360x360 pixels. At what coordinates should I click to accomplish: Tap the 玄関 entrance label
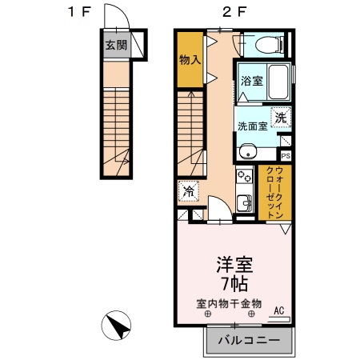[x=114, y=45]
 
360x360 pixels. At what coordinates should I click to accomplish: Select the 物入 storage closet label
[x=190, y=61]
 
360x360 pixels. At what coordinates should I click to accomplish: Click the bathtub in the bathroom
[x=278, y=82]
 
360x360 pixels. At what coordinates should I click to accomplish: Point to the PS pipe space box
[x=285, y=155]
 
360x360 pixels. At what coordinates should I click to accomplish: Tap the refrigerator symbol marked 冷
[x=189, y=192]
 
